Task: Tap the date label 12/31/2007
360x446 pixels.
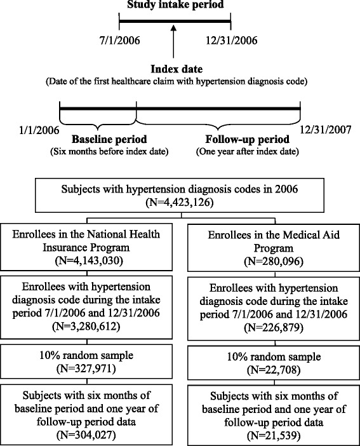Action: coord(328,130)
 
